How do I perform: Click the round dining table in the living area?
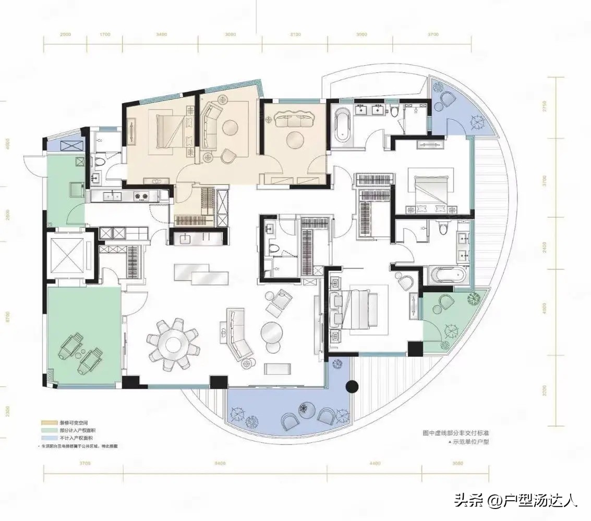pos(173,344)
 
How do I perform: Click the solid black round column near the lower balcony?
pos(353,387)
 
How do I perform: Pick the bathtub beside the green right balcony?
pos(450,275)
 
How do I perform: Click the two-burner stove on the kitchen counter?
pos(141,196)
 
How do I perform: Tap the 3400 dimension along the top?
pos(161,34)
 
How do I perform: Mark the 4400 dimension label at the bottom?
pos(374,463)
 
